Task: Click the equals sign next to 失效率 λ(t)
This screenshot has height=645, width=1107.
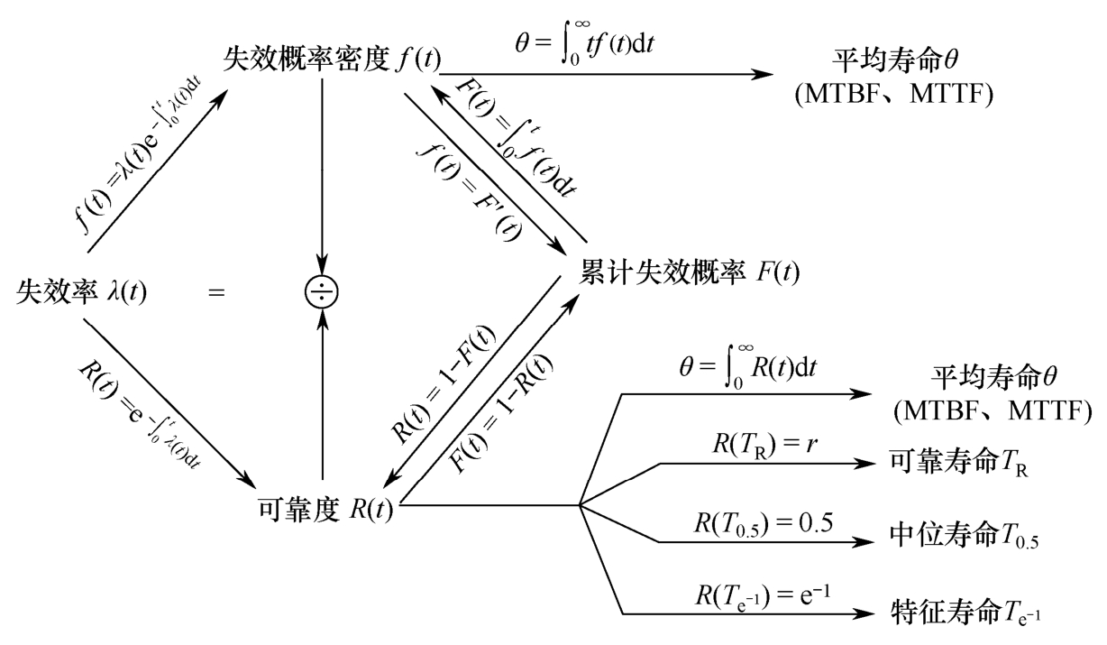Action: [216, 292]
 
